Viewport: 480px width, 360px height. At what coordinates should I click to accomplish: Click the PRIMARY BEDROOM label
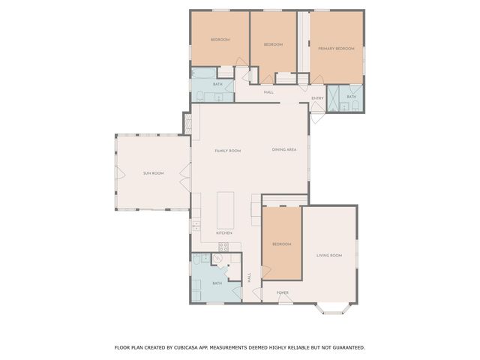click(x=335, y=48)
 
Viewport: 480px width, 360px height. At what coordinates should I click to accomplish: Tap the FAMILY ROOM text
click(x=227, y=151)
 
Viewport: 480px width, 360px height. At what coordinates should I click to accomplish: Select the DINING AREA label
click(x=284, y=150)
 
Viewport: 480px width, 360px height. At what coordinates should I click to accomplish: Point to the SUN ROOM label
click(x=154, y=173)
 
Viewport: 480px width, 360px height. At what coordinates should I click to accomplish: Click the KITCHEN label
click(x=224, y=233)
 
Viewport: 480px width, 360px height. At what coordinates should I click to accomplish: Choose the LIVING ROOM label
click(x=329, y=256)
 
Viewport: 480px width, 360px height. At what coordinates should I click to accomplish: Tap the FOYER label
click(x=283, y=292)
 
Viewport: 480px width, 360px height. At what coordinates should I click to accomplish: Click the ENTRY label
click(x=317, y=97)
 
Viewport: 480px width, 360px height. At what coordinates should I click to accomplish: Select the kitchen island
click(x=225, y=210)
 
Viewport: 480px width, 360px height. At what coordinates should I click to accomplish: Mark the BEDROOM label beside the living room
click(x=281, y=244)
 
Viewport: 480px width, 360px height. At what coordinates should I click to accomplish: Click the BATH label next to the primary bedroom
click(x=352, y=97)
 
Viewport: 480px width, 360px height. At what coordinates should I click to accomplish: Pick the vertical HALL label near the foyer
click(x=250, y=277)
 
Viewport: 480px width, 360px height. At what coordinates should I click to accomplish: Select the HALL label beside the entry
click(x=268, y=92)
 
